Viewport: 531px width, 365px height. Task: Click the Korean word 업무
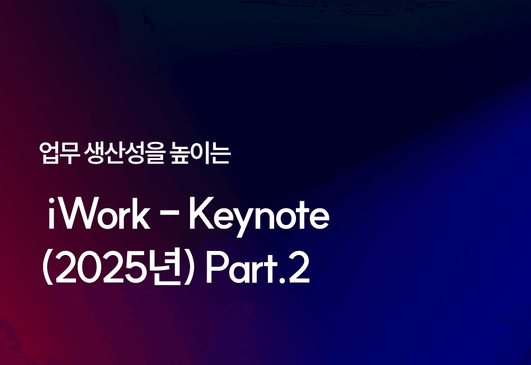pyautogui.click(x=59, y=153)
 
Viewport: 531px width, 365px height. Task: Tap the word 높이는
pyautogui.click(x=201, y=153)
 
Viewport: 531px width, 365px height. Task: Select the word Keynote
pyautogui.click(x=259, y=217)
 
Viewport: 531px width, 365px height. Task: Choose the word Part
pyautogui.click(x=242, y=268)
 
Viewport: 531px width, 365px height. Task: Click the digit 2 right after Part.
pyautogui.click(x=299, y=268)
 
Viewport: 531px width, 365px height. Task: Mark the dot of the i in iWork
pyautogui.click(x=52, y=201)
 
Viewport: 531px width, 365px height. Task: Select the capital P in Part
pyautogui.click(x=217, y=268)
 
